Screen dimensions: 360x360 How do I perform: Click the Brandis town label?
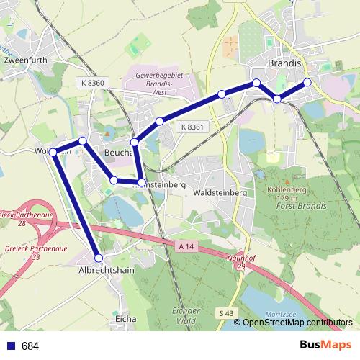point(283,63)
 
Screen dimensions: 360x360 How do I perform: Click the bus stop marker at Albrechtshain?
point(99,258)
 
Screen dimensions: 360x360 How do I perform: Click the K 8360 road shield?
point(93,84)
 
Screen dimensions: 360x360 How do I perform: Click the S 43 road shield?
point(226,312)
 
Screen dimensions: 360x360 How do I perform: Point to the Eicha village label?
point(116,318)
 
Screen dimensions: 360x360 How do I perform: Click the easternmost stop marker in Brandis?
point(307,82)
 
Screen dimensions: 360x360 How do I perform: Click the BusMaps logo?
point(326,346)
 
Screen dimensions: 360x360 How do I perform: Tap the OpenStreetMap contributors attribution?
point(297,323)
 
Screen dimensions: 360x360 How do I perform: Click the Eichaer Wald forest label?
point(186,315)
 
